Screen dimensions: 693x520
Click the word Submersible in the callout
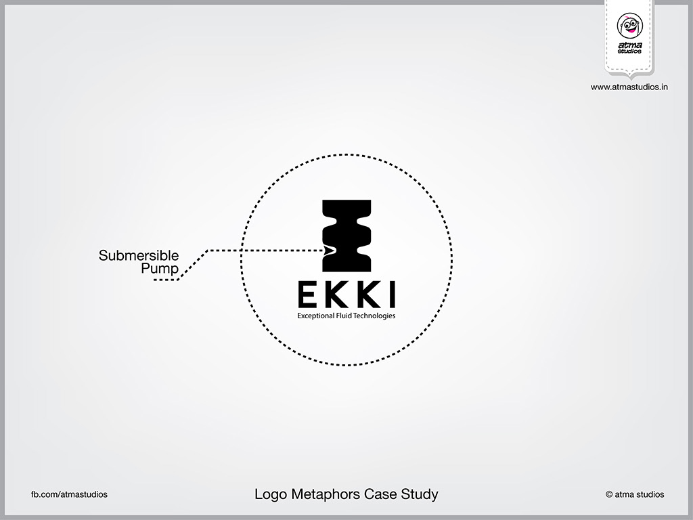139,256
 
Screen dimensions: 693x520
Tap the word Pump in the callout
160,269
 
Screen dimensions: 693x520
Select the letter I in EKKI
391,294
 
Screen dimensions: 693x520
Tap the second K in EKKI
366,294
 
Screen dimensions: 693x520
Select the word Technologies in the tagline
376,316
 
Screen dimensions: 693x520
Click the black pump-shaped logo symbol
346,233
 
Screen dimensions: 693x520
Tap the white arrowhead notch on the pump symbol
330,251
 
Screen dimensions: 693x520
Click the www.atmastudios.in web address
629,87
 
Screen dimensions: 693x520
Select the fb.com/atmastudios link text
69,494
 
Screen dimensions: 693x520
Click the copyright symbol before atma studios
609,494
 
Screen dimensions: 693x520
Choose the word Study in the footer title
423,494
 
